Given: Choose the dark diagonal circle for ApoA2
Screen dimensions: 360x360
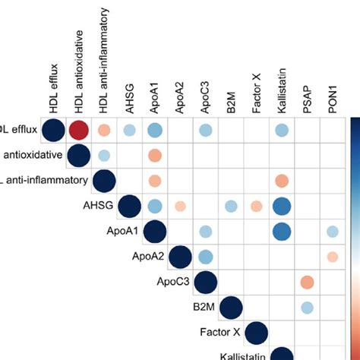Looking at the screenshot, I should [x=180, y=257].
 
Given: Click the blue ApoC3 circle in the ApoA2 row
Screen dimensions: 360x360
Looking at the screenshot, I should [x=205, y=257].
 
